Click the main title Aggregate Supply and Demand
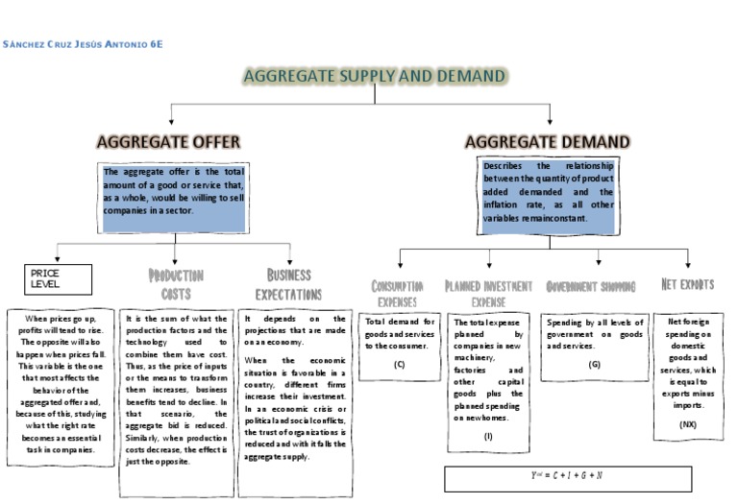point(375,76)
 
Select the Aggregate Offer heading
point(168,142)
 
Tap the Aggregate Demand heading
point(548,142)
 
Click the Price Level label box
point(58,279)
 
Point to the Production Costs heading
point(176,283)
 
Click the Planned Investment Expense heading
point(488,293)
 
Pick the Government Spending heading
point(590,287)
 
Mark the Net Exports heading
point(687,285)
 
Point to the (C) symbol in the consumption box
point(399,364)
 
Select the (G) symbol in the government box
point(594,364)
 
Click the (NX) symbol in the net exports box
point(687,423)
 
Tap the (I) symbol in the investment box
point(488,437)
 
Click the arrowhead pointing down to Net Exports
point(688,265)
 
